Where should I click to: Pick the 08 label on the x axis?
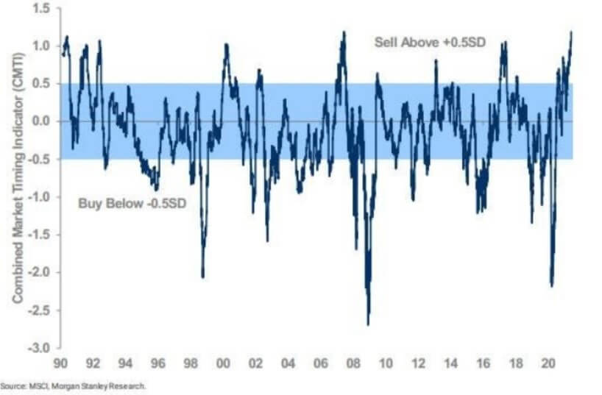(353, 363)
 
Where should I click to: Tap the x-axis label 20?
(548, 363)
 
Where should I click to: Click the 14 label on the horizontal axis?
(450, 363)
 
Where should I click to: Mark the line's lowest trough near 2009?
(368, 324)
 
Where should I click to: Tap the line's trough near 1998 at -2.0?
(202, 276)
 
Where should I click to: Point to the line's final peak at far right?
(572, 32)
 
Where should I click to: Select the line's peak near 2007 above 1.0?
(344, 32)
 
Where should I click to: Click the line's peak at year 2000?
(226, 45)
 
